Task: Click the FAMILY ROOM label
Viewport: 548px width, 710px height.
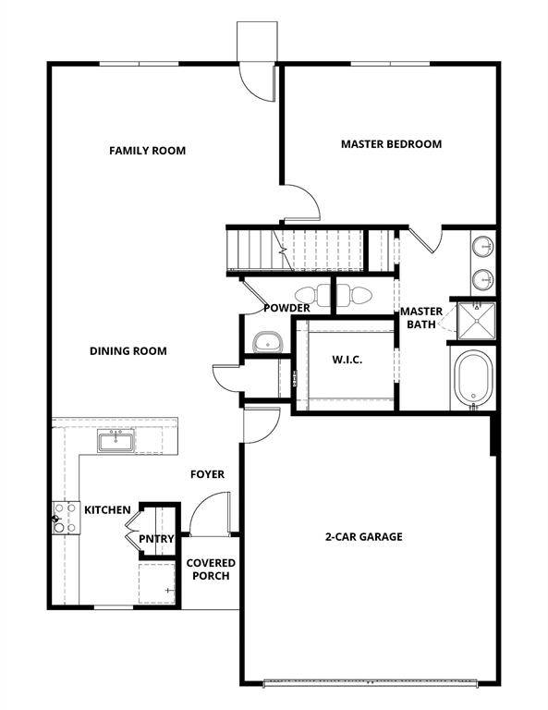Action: click(147, 150)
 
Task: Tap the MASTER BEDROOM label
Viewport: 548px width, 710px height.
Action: click(391, 144)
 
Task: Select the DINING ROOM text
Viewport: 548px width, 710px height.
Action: click(128, 350)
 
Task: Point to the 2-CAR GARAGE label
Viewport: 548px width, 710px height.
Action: click(363, 536)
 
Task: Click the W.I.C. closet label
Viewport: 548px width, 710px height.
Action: click(347, 360)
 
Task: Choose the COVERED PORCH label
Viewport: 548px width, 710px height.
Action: click(211, 569)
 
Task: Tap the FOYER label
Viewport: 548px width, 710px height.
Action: click(207, 474)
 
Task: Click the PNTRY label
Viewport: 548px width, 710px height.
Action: click(152, 538)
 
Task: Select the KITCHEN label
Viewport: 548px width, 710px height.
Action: click(107, 509)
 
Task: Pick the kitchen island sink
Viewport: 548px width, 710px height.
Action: click(117, 441)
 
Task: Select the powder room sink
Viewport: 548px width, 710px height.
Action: click(266, 341)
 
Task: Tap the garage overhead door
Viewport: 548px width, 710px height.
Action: click(370, 684)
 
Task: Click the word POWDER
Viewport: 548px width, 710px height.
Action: click(286, 308)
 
